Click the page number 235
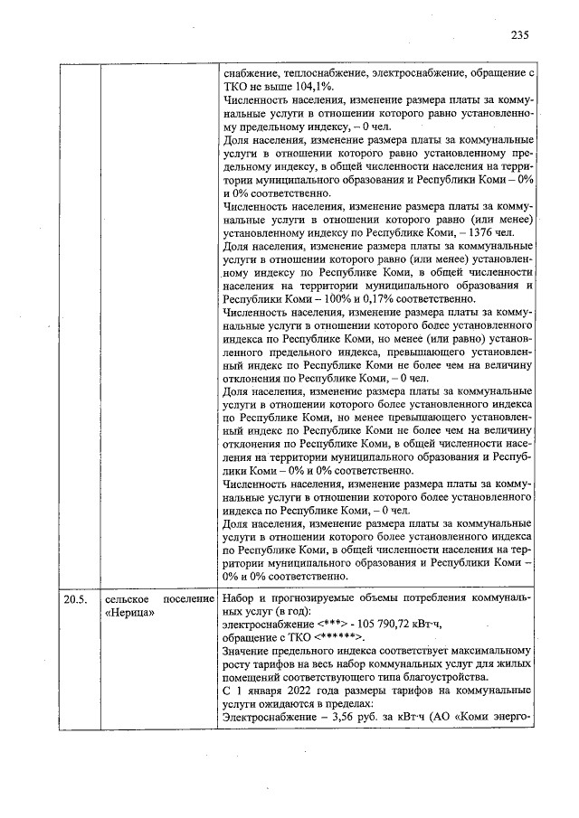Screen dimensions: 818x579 point(518,35)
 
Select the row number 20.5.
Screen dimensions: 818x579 point(75,598)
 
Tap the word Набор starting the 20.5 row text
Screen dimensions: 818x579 point(240,598)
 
